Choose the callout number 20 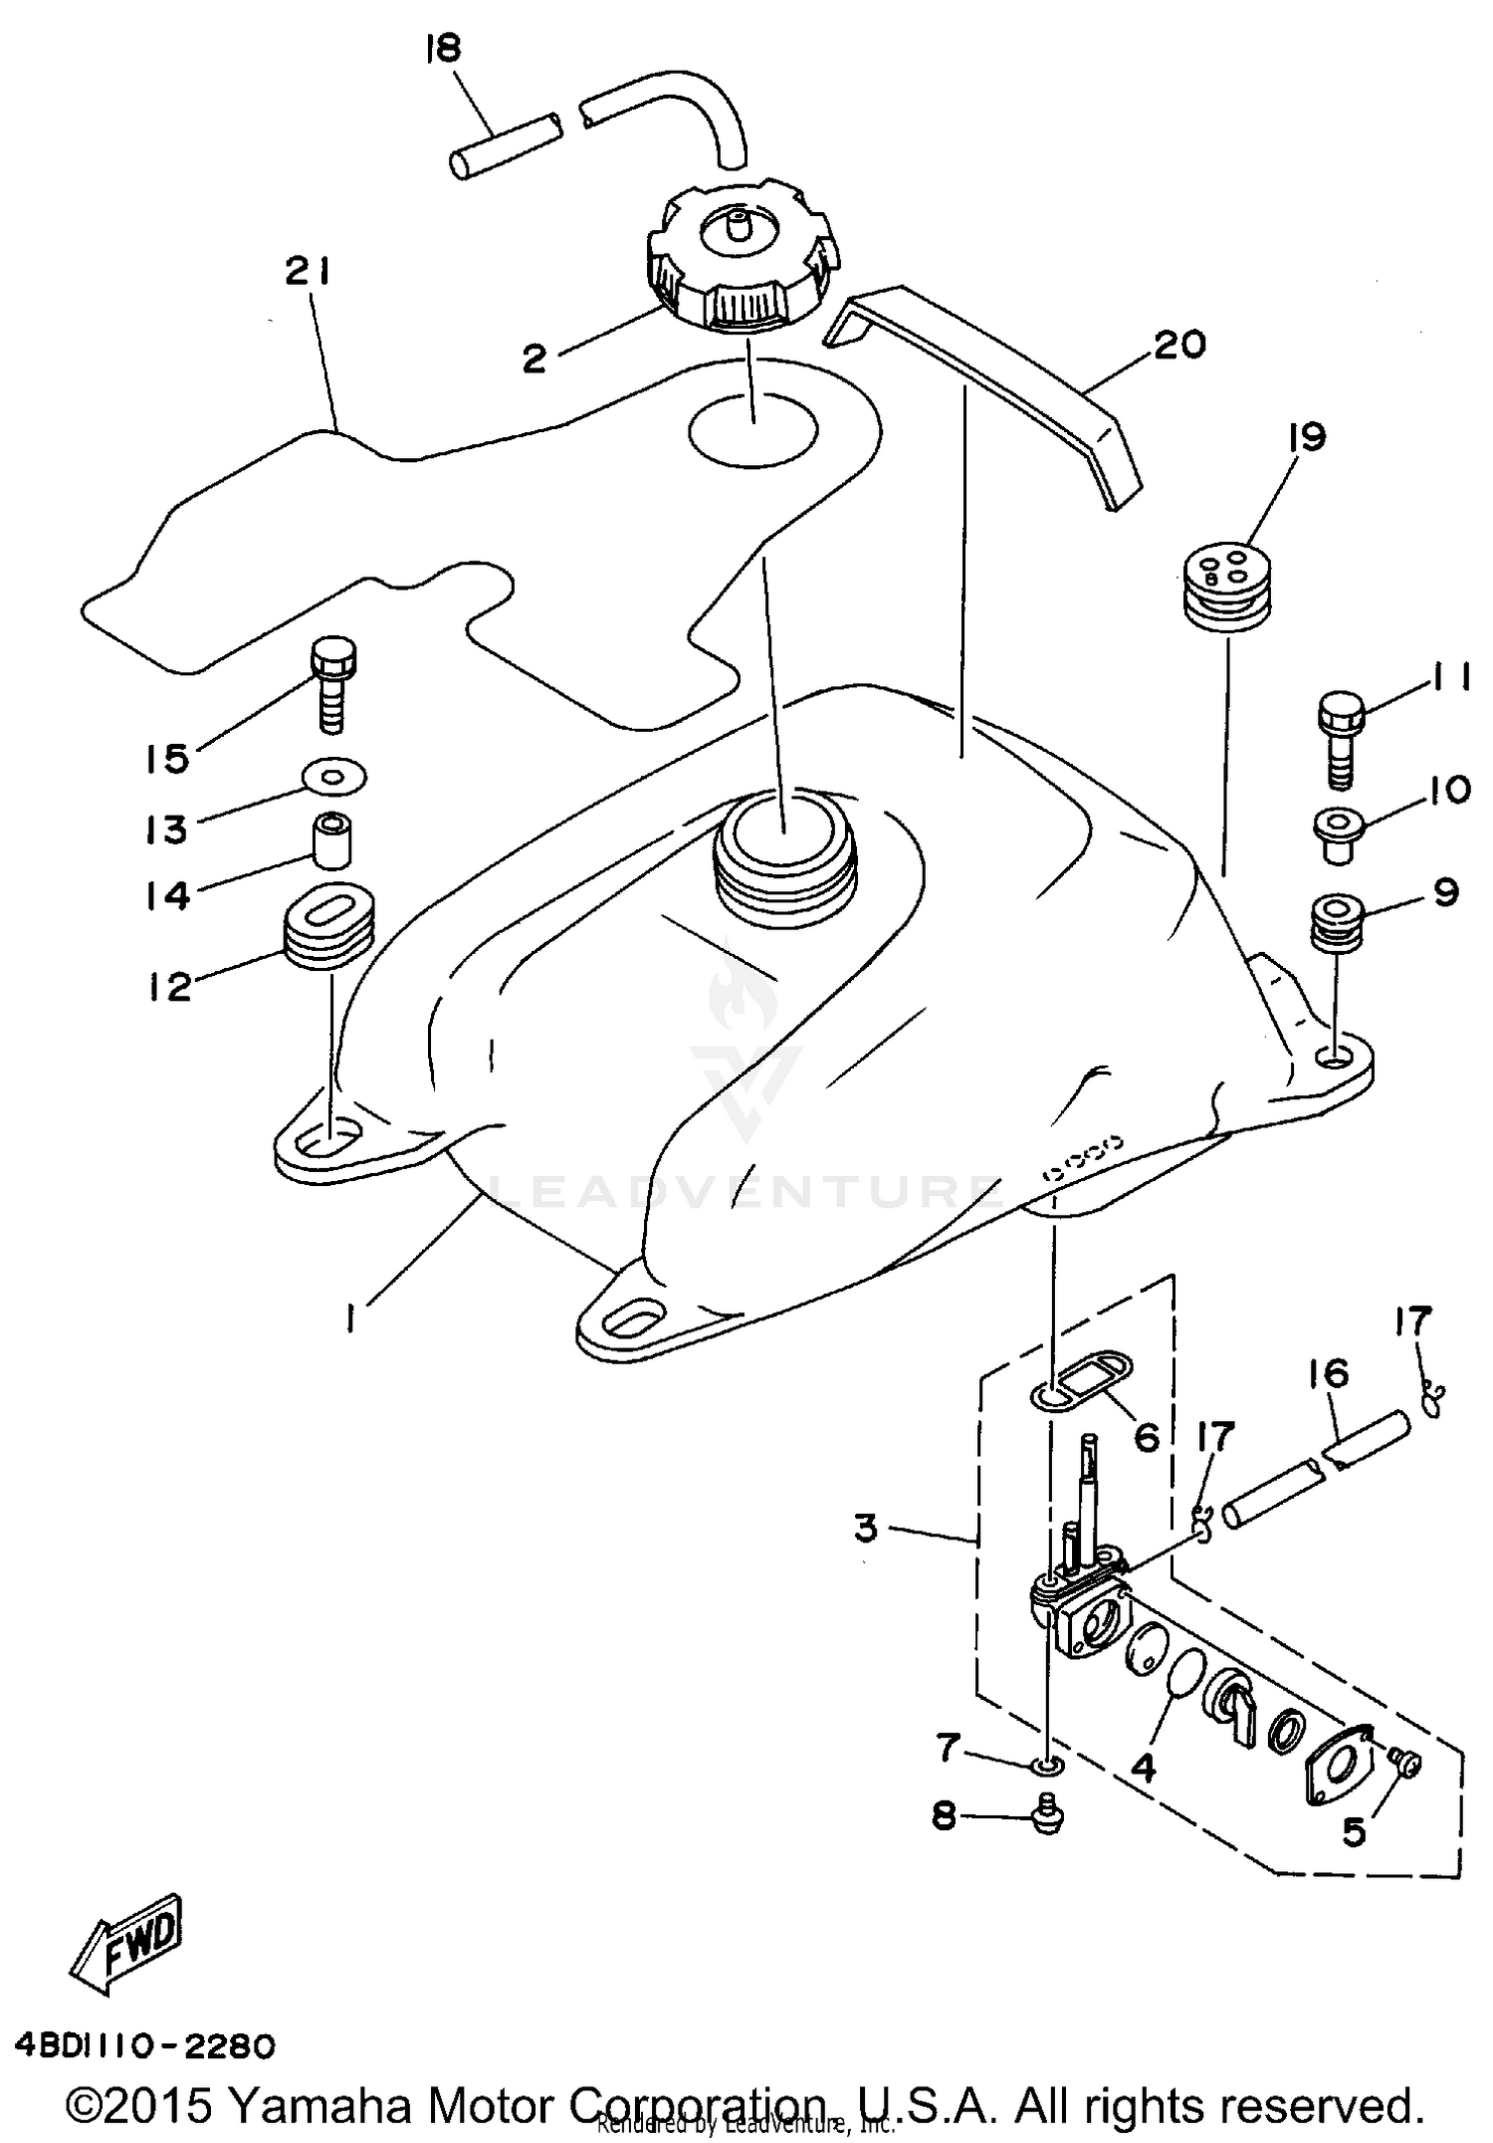pos(1179,345)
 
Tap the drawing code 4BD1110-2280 pos(144,2045)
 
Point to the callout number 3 pos(866,1527)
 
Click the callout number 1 pos(350,1319)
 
